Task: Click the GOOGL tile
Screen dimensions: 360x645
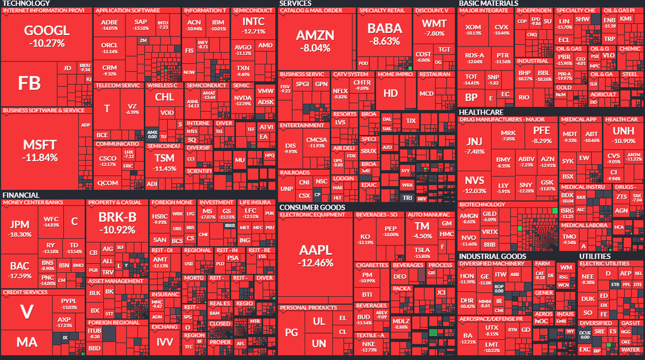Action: tap(47, 36)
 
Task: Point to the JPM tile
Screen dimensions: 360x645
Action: tap(20, 229)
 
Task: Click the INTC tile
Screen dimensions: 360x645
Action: tap(254, 26)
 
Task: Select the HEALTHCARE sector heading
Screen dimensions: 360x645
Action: tap(481, 112)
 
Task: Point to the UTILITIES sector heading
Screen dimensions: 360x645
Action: tap(595, 256)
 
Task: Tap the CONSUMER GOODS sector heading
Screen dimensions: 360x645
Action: tap(312, 207)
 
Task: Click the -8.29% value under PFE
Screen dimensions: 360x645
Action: tap(542, 141)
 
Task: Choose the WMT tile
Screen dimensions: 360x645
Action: tap(434, 28)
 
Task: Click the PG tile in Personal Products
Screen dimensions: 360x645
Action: tap(291, 332)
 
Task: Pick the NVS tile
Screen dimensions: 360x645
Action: tap(475, 184)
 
